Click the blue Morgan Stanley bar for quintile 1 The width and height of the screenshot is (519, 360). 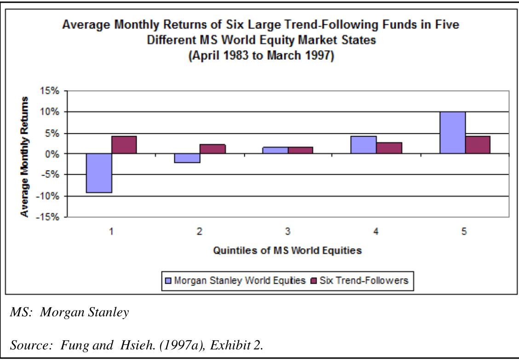pos(99,173)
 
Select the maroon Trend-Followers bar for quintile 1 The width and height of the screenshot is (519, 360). pos(124,145)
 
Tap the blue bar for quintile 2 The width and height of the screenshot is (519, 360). pos(187,158)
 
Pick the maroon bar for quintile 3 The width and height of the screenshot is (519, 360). pos(300,150)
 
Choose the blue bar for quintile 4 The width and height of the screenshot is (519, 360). pos(363,145)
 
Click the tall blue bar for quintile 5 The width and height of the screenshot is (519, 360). pos(452,132)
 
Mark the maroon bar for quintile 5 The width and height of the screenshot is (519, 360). pos(477,145)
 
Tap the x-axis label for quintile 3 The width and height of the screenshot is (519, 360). pos(288,232)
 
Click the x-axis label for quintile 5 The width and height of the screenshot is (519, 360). pos(464,232)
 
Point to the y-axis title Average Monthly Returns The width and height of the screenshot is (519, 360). pos(25,156)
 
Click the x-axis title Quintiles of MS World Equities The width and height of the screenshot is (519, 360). pos(287,251)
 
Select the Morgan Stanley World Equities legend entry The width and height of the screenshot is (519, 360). pos(234,280)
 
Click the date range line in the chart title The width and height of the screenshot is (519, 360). pos(261,57)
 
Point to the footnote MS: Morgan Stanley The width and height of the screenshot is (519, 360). pos(69,313)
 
